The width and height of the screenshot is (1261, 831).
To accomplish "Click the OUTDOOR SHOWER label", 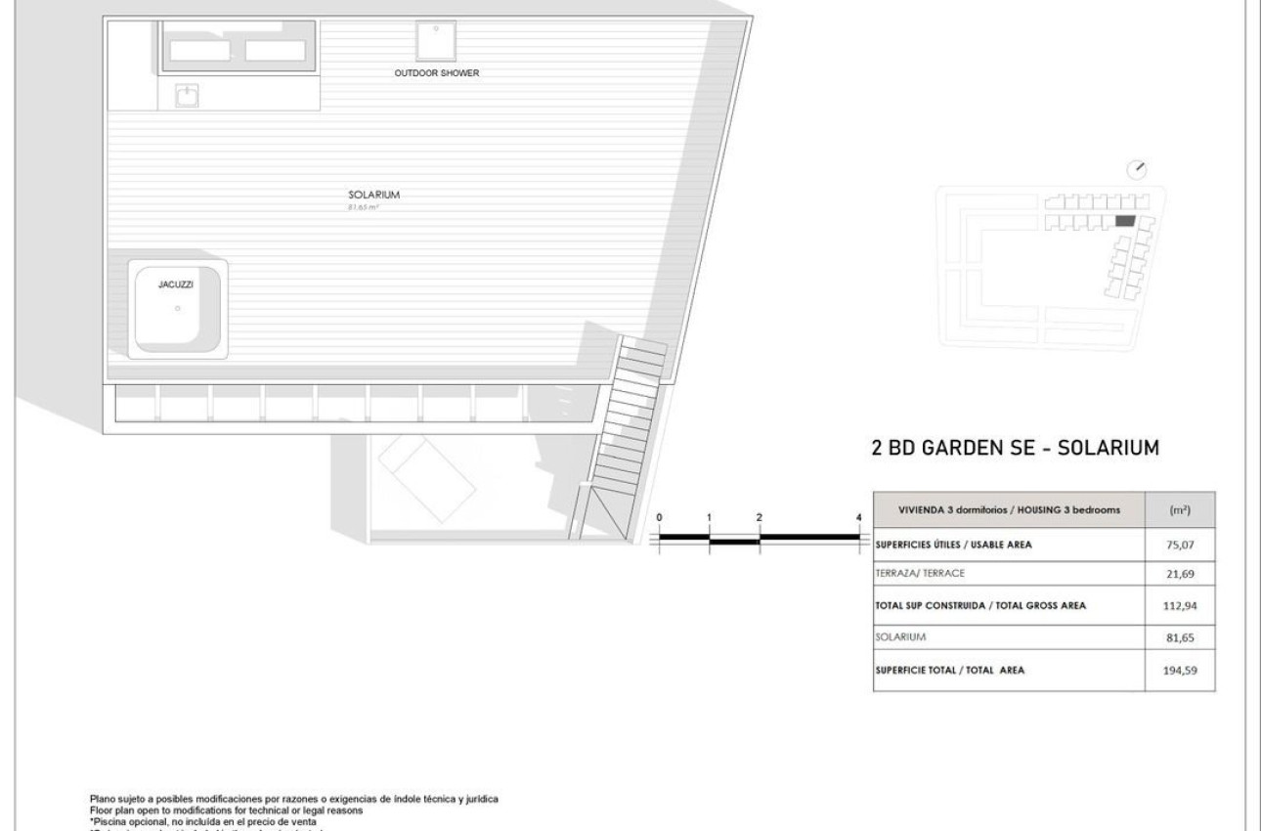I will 437,73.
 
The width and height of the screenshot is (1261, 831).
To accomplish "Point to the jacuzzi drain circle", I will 177,309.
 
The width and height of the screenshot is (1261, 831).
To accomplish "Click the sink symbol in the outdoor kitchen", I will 187,95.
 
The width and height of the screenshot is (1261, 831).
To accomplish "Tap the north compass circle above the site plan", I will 1136,169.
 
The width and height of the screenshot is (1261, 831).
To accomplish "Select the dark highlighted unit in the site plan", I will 1125,222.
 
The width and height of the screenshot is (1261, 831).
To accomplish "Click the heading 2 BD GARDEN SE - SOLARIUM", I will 1015,449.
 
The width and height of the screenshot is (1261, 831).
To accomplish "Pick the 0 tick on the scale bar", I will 659,516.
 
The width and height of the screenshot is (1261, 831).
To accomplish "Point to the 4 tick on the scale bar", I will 858,516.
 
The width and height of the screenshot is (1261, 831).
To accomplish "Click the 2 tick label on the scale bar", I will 759,516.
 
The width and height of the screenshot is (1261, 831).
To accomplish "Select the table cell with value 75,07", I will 1181,546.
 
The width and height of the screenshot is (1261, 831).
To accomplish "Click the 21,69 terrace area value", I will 1181,574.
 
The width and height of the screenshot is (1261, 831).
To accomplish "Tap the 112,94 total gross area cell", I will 1181,605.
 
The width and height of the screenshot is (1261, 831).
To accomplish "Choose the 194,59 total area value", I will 1181,671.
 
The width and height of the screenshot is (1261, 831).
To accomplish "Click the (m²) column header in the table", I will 1180,511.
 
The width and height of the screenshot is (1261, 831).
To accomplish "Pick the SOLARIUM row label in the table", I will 900,637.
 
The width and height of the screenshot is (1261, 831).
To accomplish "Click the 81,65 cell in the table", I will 1181,638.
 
